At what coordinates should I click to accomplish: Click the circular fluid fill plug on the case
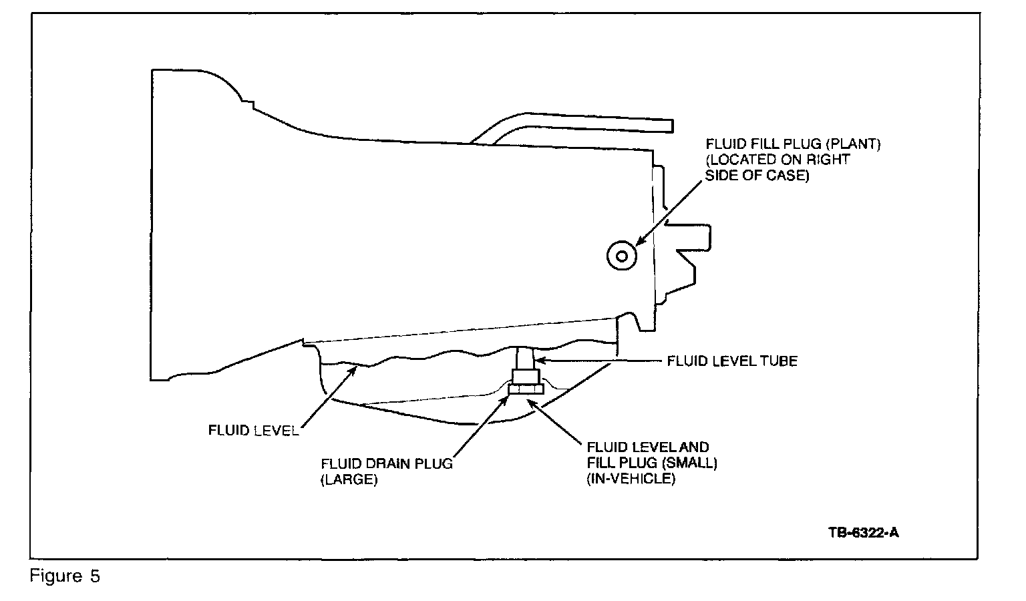(x=621, y=255)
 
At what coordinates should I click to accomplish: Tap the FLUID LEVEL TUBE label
(x=732, y=361)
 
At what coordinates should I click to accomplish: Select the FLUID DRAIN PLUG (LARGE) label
(x=386, y=471)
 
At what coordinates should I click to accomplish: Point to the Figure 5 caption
(x=65, y=576)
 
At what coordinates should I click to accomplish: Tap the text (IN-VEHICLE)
(x=631, y=479)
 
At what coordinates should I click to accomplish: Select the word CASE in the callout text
(x=788, y=176)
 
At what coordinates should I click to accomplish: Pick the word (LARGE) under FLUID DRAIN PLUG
(x=349, y=479)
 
